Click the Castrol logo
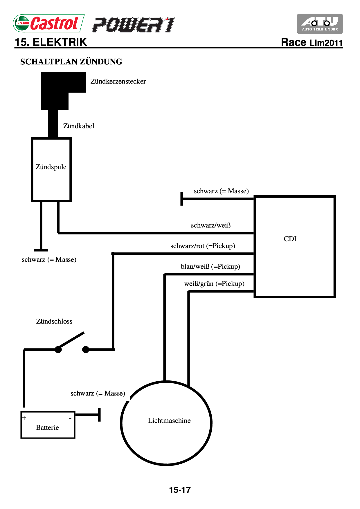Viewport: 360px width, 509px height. (48, 23)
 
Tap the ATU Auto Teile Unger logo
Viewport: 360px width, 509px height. (320, 24)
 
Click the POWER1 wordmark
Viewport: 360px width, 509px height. (133, 25)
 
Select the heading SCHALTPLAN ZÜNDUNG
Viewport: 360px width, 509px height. (71, 62)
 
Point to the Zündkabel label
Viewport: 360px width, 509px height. (79, 126)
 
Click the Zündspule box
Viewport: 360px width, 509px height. (51, 170)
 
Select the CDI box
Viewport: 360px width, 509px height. (295, 247)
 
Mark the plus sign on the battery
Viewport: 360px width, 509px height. (24, 418)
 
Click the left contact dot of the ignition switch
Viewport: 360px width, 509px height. (58, 349)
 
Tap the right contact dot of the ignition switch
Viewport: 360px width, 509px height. (86, 349)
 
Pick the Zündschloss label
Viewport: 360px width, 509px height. (54, 321)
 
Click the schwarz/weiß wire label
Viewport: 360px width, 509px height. (211, 225)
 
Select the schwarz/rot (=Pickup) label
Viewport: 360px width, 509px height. (203, 246)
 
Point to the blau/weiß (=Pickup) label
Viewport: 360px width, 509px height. (210, 266)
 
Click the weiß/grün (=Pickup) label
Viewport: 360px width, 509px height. (214, 284)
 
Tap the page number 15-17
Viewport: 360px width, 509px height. (180, 490)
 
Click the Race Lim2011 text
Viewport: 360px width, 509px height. (312, 42)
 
